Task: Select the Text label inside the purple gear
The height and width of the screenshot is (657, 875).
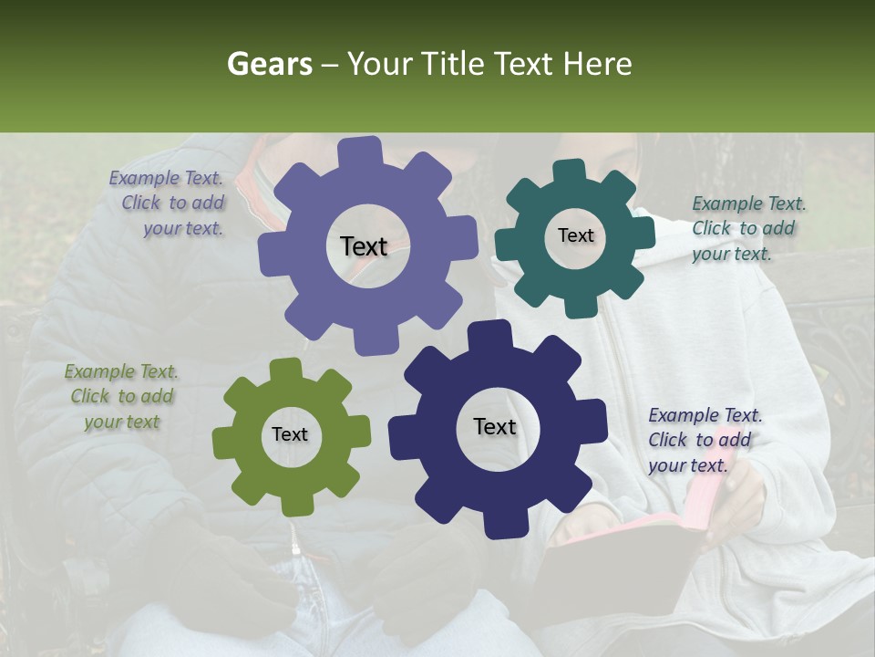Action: pyautogui.click(x=364, y=246)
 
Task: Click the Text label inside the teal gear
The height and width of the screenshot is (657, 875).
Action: pyautogui.click(x=575, y=235)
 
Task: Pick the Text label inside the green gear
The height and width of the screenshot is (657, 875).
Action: pyautogui.click(x=290, y=435)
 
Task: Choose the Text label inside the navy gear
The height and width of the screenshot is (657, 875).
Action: pyautogui.click(x=495, y=426)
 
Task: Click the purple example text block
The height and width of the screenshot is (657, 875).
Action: pyautogui.click(x=169, y=203)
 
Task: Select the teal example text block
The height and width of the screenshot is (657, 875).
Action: pyautogui.click(x=746, y=229)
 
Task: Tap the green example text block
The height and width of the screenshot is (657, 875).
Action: pyautogui.click(x=121, y=397)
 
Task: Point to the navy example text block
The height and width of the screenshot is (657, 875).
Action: pyautogui.click(x=704, y=441)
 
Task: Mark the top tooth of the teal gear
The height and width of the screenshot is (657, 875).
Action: pyautogui.click(x=569, y=171)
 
